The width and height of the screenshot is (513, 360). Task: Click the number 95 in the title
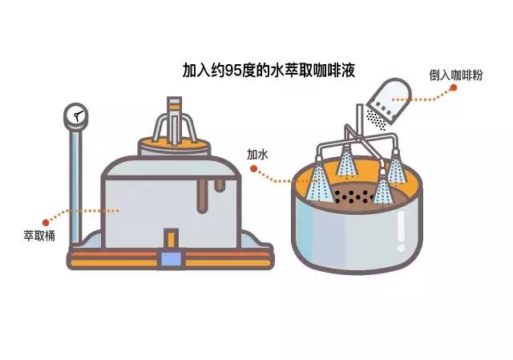tap(239, 71)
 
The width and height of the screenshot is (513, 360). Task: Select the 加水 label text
tap(257, 154)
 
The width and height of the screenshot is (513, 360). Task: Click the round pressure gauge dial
tap(76, 116)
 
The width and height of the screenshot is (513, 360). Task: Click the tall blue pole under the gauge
tap(75, 184)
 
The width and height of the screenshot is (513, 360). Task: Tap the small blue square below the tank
tap(171, 258)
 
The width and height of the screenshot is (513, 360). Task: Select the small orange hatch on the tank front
tap(170, 239)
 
